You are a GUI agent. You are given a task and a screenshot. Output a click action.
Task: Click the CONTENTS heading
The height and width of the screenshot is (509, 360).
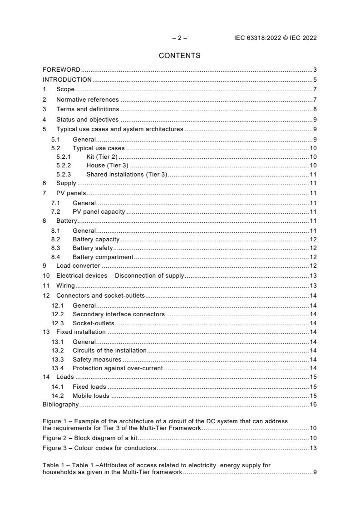click(x=179, y=56)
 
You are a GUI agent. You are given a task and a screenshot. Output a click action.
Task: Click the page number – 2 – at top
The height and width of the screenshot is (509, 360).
click(x=179, y=38)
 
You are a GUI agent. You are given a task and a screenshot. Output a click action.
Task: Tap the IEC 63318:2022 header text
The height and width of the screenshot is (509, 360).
click(x=272, y=38)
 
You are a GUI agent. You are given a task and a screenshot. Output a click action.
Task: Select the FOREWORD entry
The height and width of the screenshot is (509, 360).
click(x=61, y=70)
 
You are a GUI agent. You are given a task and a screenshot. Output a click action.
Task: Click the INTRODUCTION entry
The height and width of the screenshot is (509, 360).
click(x=67, y=80)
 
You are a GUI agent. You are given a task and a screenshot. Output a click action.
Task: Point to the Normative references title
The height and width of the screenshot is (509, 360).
click(x=87, y=99)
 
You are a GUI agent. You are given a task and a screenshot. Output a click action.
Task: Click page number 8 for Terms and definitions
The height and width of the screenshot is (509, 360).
click(x=315, y=109)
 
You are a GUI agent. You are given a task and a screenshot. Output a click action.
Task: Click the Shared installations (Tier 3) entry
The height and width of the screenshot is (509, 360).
click(x=127, y=174)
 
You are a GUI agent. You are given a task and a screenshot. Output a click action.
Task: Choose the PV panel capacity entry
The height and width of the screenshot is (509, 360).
click(x=99, y=212)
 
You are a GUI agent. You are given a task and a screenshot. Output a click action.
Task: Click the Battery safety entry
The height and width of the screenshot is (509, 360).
click(x=93, y=248)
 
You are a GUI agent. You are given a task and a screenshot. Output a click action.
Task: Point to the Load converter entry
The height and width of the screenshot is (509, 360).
click(x=78, y=266)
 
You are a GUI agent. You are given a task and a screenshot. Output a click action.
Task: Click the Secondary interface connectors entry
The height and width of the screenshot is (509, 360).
click(x=118, y=314)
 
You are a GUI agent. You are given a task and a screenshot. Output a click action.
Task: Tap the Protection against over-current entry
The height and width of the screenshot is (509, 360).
click(x=118, y=368)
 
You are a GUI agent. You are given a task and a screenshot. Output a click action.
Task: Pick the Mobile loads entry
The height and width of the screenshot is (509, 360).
click(x=91, y=396)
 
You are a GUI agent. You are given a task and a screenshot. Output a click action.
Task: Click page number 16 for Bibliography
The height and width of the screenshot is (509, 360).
click(x=313, y=405)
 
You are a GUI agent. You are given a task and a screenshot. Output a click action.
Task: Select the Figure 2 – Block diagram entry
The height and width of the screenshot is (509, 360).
click(x=90, y=438)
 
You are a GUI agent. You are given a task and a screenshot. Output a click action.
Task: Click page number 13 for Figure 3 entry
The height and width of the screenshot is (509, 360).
click(x=313, y=448)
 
